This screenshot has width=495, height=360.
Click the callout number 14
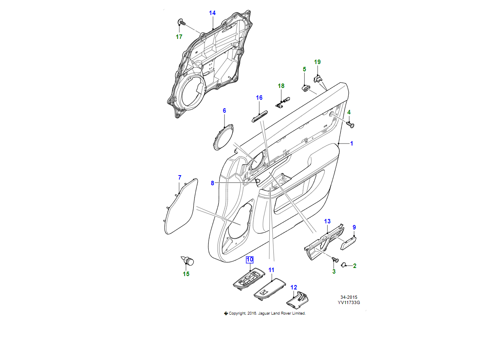click(212, 13)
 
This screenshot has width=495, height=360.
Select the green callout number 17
click(179, 37)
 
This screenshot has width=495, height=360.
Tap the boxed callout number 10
click(250, 259)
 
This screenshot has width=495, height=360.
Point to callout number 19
click(317, 62)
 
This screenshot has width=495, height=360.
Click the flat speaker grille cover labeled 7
click(181, 206)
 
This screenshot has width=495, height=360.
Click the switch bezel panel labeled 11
click(270, 288)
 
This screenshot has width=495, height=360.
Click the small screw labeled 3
click(335, 259)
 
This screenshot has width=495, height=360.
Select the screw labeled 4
click(350, 124)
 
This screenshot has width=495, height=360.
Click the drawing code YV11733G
click(349, 302)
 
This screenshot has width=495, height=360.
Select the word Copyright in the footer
click(237, 313)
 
